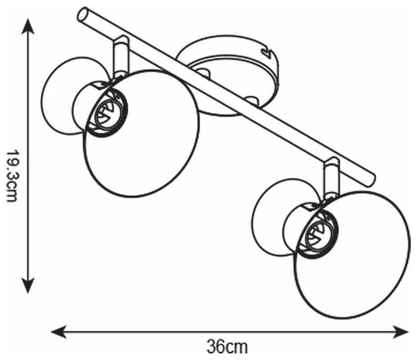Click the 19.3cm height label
12,175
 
